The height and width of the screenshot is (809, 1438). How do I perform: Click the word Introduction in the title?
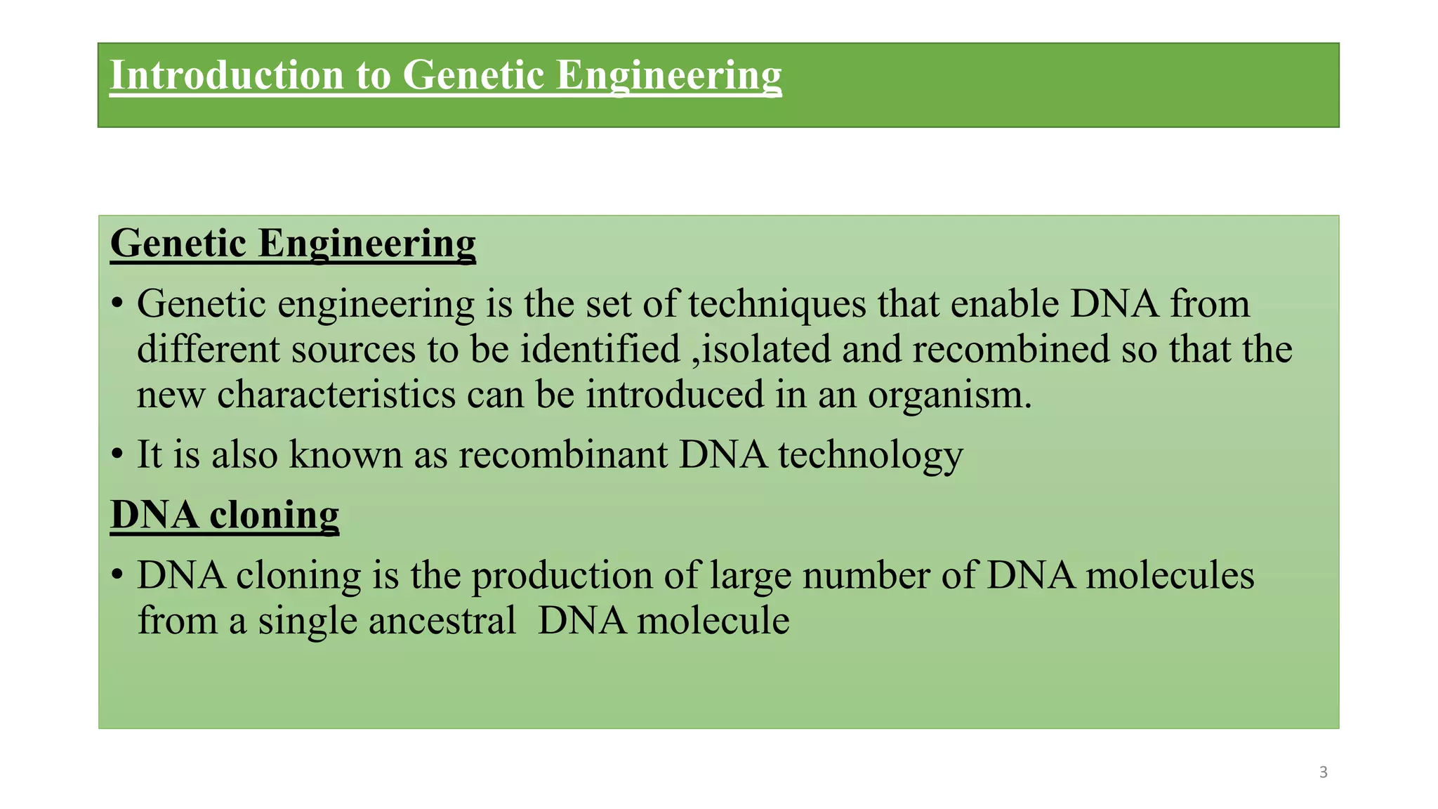pos(227,75)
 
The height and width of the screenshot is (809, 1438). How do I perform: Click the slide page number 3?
pos(1323,772)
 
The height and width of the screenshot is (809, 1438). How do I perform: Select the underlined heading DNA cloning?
pos(225,515)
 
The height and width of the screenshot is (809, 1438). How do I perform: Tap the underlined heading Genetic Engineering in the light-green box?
pos(293,244)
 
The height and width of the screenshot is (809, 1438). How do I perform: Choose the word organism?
pos(949,395)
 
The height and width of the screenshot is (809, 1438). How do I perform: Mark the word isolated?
pos(766,350)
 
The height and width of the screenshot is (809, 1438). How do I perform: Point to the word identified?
pos(600,350)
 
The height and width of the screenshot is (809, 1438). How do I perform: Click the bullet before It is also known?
pos(117,454)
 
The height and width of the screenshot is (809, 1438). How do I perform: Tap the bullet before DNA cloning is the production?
pos(117,575)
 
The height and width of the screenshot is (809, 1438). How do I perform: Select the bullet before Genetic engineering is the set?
pos(117,304)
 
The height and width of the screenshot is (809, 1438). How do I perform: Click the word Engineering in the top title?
pos(668,75)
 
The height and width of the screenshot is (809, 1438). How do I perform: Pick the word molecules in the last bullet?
pos(1169,575)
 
